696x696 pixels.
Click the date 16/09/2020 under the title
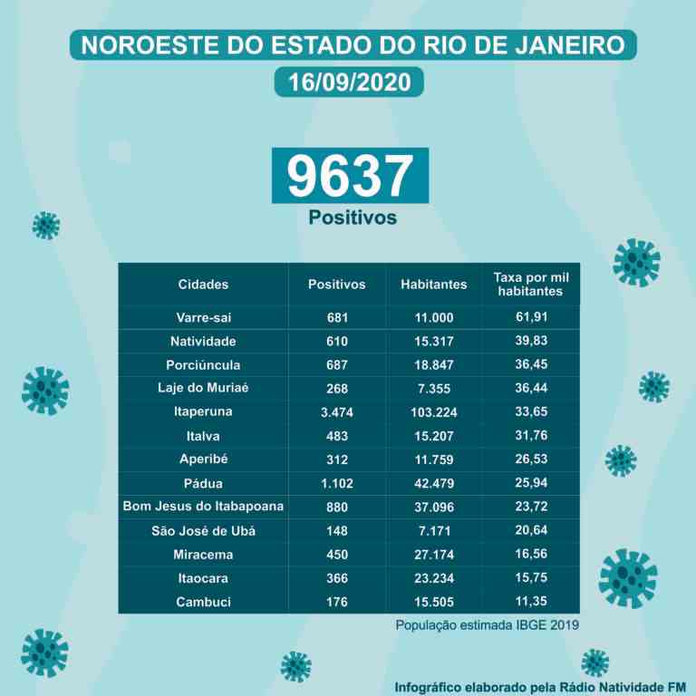(349, 82)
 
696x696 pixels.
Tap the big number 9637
(350, 176)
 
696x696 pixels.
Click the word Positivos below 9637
(353, 217)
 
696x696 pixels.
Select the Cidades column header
(203, 284)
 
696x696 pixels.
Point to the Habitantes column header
(434, 284)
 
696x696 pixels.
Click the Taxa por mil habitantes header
(531, 284)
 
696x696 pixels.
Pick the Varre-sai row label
(203, 317)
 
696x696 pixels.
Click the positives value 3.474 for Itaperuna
(337, 412)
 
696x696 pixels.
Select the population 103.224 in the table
(434, 412)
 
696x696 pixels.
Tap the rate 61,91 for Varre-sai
(531, 317)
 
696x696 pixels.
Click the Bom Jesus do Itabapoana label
(203, 506)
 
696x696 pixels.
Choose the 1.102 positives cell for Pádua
(337, 483)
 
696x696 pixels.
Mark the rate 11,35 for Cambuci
(531, 601)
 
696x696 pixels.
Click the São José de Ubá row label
(203, 531)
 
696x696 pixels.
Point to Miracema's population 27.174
(434, 555)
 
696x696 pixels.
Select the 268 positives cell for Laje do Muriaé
(337, 389)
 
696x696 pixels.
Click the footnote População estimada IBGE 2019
(487, 625)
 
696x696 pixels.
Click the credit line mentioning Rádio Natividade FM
(540, 688)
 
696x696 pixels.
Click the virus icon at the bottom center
(296, 667)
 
